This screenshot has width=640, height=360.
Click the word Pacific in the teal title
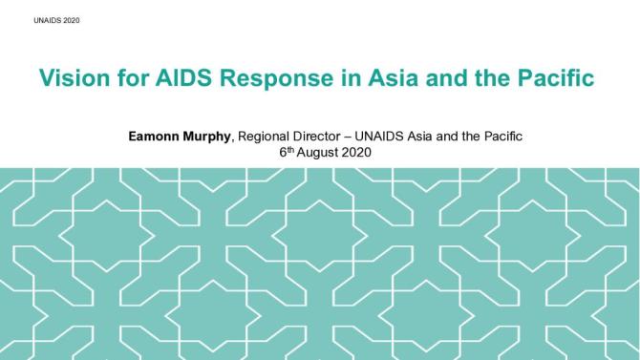click(553, 78)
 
